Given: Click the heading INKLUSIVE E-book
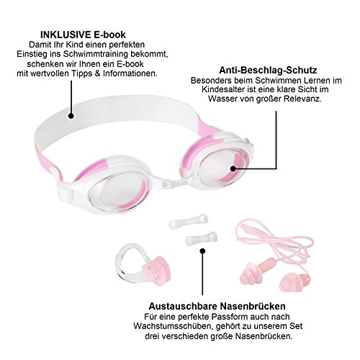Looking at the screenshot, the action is click(x=83, y=35).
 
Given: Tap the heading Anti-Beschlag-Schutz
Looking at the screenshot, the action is click(x=268, y=70).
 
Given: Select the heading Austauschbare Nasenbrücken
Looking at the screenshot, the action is click(x=217, y=306).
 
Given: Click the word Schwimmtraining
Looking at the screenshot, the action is click(x=96, y=54).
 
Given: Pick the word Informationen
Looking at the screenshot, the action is click(x=130, y=73).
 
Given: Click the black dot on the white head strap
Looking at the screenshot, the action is click(x=71, y=116).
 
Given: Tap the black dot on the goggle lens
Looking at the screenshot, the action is click(x=233, y=168).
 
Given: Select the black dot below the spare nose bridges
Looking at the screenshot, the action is click(x=203, y=251).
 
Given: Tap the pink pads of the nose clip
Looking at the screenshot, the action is click(x=157, y=271).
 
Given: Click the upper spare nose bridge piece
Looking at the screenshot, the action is click(x=188, y=221).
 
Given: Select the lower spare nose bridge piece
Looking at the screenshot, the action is click(x=202, y=238).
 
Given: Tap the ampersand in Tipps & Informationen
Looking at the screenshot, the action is click(x=97, y=73).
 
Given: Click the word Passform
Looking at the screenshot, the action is click(x=230, y=317).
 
